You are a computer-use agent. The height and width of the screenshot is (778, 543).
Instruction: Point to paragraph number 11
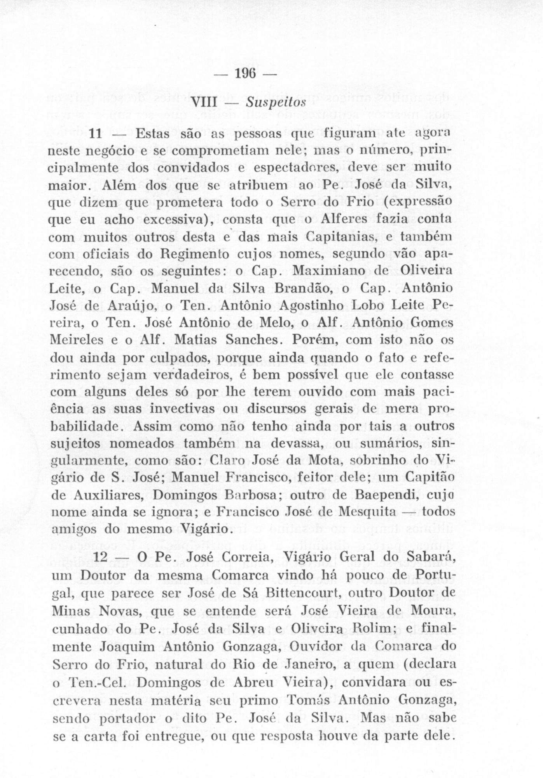tap(95, 134)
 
